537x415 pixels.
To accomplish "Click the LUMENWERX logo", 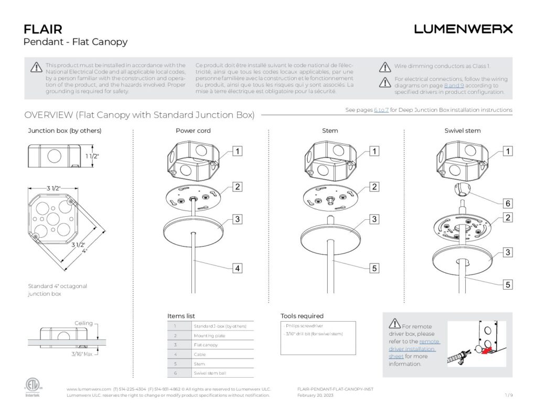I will [x=463, y=29].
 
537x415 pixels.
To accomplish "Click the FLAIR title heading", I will [x=43, y=29].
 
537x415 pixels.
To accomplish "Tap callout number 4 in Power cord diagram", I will [x=238, y=268].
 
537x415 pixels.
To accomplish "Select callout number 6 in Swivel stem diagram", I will [x=508, y=203].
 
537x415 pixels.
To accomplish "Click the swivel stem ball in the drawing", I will [x=463, y=189].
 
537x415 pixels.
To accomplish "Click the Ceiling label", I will [x=84, y=323].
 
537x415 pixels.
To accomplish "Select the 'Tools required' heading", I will [x=302, y=316].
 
